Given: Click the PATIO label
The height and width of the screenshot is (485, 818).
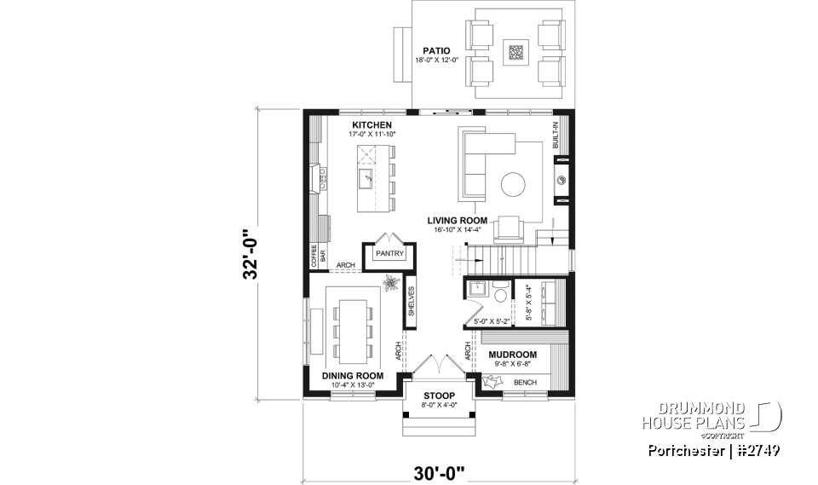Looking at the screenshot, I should pos(433,50).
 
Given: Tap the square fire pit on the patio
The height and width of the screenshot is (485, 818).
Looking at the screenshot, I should pos(516,53).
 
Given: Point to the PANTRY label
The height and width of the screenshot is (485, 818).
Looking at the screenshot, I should pos(389,253).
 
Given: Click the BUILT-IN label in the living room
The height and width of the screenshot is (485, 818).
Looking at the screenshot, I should pos(557,136).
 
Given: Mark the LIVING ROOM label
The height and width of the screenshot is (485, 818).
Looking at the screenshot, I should pos(457,220).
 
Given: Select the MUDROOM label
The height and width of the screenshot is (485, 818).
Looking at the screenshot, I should pos(512,355).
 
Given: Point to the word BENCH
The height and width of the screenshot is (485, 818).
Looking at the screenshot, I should pos(525,383).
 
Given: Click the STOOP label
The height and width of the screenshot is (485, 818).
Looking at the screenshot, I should pos(439,396).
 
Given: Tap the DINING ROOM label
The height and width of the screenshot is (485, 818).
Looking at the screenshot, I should pos(352,375).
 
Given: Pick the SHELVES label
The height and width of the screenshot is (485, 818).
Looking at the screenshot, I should pos(411,301).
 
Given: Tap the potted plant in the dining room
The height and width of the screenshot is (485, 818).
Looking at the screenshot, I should pos(391,283).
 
